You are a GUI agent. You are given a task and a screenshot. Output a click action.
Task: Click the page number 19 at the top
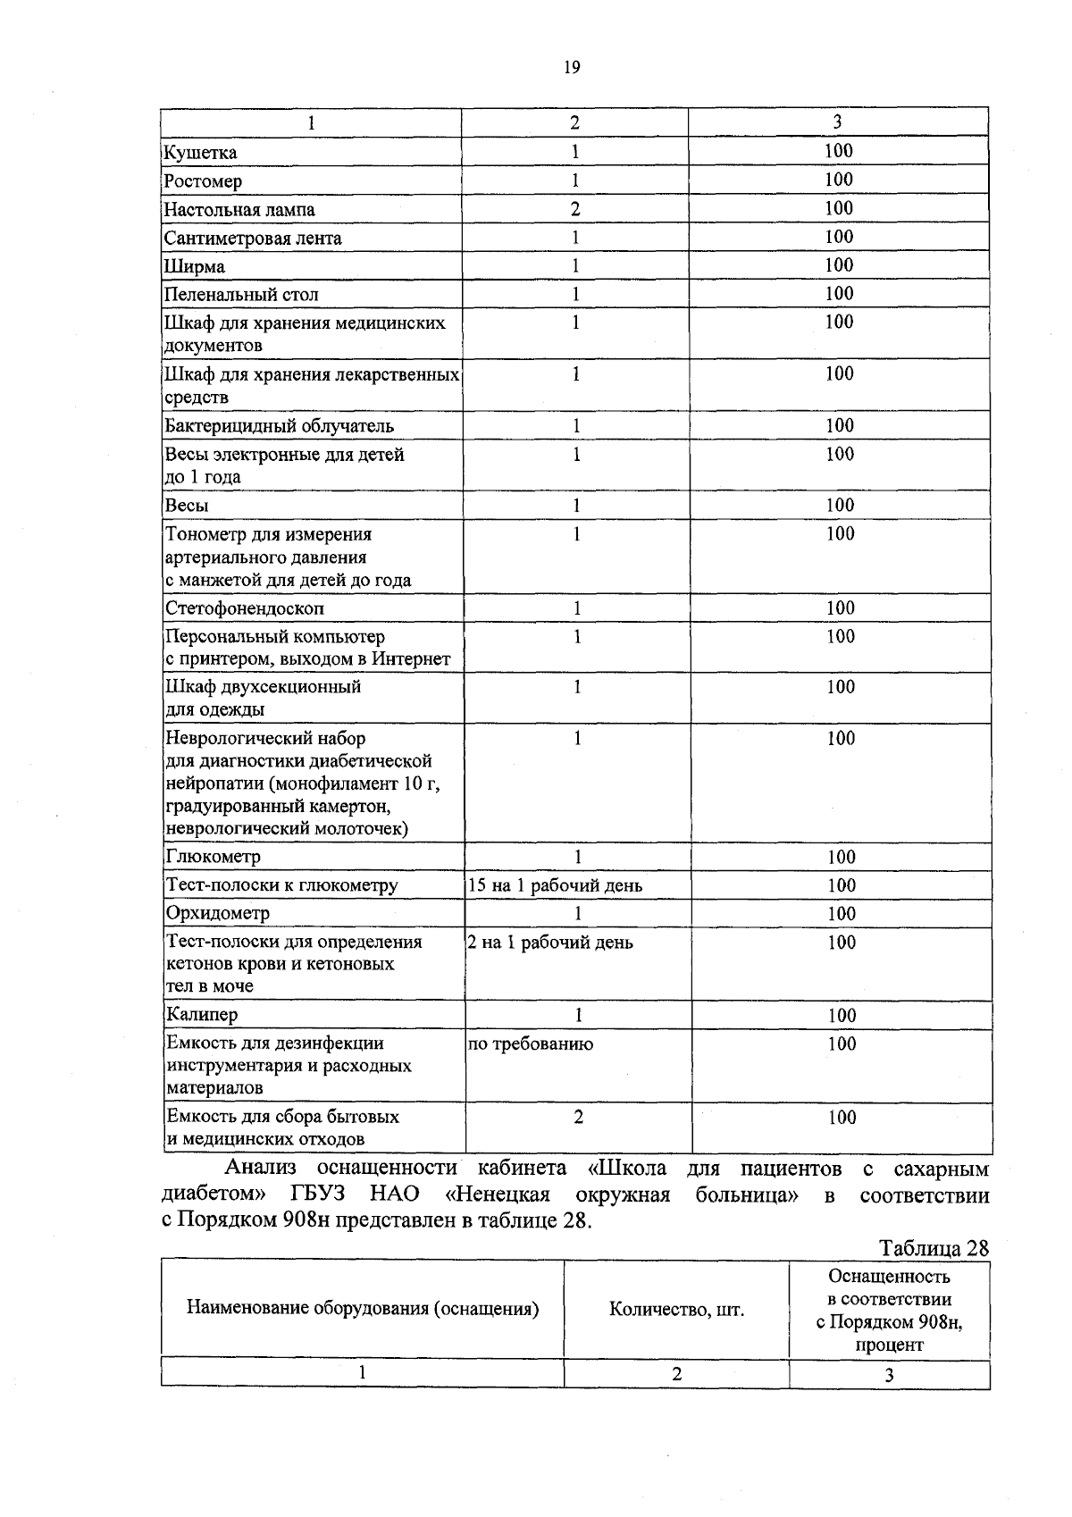click(573, 68)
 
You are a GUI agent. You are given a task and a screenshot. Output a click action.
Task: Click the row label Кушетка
click(201, 153)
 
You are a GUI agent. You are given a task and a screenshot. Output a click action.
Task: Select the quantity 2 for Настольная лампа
click(575, 209)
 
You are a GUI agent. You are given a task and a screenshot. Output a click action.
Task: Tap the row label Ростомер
click(203, 181)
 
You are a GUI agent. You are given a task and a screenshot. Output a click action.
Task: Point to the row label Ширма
click(195, 267)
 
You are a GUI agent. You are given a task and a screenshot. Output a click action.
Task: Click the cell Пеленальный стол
click(241, 295)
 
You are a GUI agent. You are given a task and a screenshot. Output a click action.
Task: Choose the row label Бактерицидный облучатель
click(280, 426)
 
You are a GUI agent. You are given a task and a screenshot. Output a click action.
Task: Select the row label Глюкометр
click(214, 858)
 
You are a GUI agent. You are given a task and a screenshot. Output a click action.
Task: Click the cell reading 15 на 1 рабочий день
click(555, 886)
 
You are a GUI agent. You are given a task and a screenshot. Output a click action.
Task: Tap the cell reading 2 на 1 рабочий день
click(550, 943)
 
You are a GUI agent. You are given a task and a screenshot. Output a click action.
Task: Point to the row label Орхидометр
click(218, 914)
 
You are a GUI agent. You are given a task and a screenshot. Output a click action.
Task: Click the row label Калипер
click(202, 1015)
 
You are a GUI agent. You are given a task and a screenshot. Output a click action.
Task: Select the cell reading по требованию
click(531, 1044)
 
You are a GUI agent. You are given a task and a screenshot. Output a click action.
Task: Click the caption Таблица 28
click(934, 1248)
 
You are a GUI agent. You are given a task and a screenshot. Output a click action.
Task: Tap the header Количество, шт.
click(676, 1310)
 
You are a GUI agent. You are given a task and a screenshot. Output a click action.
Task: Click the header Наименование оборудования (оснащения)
click(362, 1309)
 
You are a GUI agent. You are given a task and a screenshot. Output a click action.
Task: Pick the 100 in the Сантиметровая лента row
click(839, 237)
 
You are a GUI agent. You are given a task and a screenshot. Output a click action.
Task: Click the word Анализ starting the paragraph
click(260, 1169)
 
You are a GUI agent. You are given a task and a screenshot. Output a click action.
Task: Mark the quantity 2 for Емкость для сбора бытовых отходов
click(578, 1118)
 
